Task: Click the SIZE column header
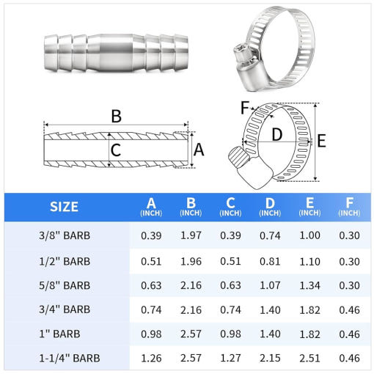pos(64,207)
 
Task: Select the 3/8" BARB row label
pos(65,235)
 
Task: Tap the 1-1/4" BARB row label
pos(70,358)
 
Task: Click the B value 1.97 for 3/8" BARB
pos(191,235)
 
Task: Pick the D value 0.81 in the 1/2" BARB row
pos(270,261)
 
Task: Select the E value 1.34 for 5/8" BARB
pos(309,285)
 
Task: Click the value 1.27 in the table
pos(230,358)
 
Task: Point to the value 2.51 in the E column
pos(309,358)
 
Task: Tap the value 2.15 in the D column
pos(270,358)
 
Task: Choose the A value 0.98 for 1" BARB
pos(151,334)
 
